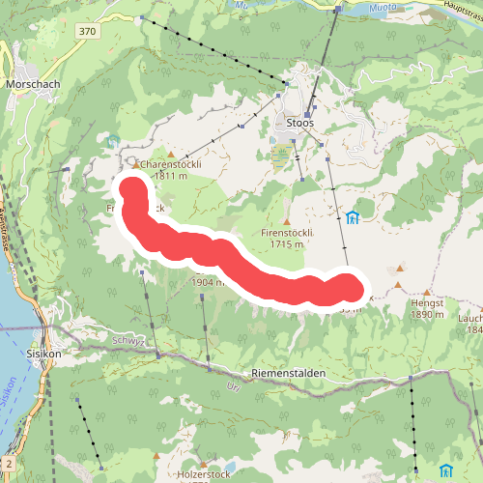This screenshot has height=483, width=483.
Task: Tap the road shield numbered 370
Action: coord(89,32)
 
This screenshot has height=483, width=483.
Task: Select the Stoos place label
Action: coord(300,124)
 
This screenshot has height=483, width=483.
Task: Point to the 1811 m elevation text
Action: coord(169,177)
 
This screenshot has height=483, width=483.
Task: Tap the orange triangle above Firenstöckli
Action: coord(286,220)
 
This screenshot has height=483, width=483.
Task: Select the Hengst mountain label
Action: coord(426,302)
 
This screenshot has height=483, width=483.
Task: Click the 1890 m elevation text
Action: coord(426,314)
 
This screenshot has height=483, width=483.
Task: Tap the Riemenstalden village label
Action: coord(289,373)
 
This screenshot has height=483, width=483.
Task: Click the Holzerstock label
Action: coord(204,475)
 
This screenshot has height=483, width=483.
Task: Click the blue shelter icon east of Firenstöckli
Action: coord(352,217)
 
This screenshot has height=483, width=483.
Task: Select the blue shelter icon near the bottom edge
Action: coord(445,470)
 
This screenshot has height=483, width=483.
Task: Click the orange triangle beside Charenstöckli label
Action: coord(171,154)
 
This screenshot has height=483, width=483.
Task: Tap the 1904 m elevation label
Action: coord(209,283)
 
